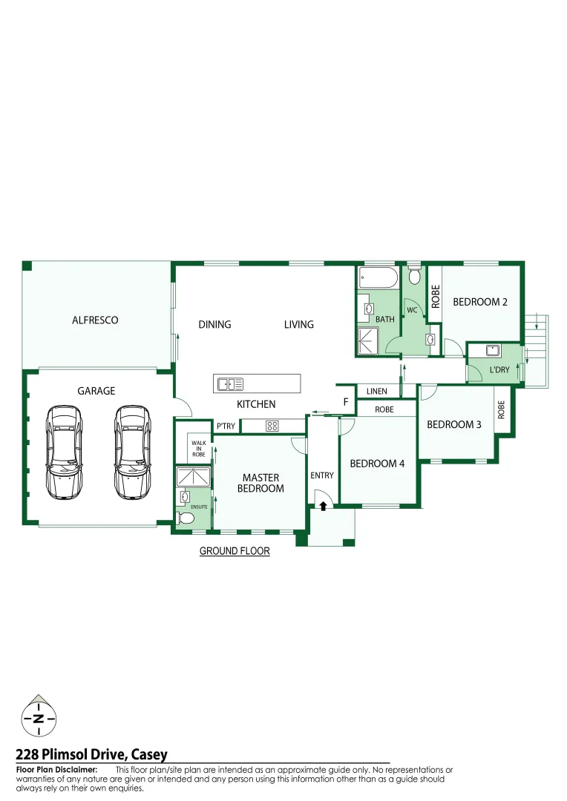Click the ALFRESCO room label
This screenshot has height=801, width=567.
(x=95, y=320)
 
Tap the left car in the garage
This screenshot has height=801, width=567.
(x=62, y=452)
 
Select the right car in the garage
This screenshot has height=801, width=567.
(x=131, y=452)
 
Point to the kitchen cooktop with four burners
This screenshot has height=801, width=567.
(x=272, y=426)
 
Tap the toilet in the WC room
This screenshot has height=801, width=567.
(x=414, y=277)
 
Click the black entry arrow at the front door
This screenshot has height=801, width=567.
(x=323, y=506)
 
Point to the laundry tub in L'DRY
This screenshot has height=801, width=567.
(x=491, y=351)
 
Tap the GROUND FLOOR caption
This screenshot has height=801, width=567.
(x=234, y=551)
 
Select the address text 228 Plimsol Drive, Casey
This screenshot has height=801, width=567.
(x=91, y=755)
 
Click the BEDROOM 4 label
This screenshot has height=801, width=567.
(x=377, y=464)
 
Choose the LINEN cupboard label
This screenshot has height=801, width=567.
(x=376, y=392)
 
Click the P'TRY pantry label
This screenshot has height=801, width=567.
(x=226, y=426)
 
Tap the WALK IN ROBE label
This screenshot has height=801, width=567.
(x=198, y=449)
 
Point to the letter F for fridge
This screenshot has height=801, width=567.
(x=345, y=402)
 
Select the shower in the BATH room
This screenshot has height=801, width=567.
(x=368, y=341)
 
